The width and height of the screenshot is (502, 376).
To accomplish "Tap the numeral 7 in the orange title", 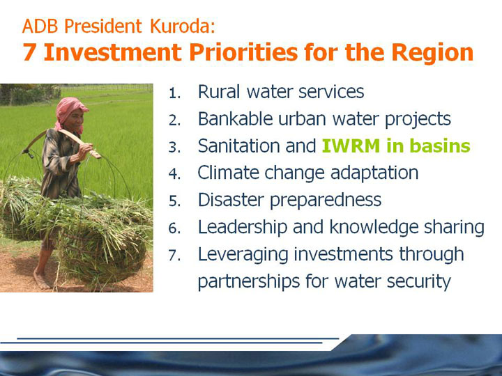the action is (29, 52).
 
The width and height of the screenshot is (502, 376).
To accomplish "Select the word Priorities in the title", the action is (243, 52).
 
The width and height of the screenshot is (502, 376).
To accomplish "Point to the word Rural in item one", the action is (219, 91).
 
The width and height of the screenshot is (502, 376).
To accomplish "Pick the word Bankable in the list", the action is (235, 118).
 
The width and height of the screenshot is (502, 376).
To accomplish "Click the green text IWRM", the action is (351, 146).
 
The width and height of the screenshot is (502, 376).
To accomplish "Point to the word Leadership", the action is (243, 227).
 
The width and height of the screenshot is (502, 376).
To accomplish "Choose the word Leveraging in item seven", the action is (243, 255).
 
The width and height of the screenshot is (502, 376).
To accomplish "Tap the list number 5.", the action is (175, 201).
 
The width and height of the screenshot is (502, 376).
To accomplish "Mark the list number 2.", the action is (175, 120).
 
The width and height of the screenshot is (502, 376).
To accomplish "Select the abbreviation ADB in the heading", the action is (40, 26).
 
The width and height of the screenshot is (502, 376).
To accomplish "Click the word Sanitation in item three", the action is (238, 146).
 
